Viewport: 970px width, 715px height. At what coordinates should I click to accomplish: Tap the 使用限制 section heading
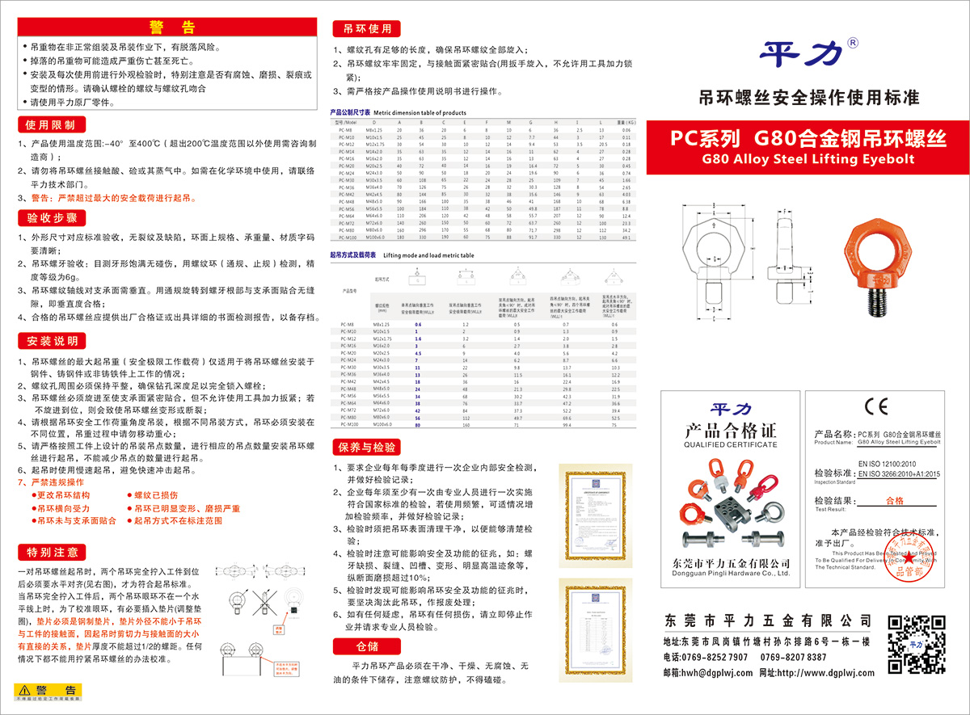pyautogui.click(x=49, y=125)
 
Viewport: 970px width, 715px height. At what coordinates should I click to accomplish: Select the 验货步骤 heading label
pyautogui.click(x=51, y=218)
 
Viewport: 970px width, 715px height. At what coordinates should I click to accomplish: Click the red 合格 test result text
pyautogui.click(x=895, y=501)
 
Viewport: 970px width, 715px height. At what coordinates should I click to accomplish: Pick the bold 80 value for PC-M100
pyautogui.click(x=418, y=423)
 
